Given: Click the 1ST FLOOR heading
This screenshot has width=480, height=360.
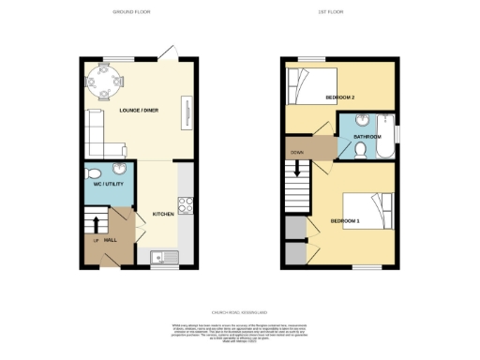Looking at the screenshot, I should click(341, 12).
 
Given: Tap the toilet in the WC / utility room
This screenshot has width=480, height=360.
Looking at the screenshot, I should click(119, 170).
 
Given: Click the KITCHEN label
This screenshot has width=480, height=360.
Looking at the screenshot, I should click(163, 214).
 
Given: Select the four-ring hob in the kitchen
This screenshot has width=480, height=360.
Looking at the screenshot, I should click(185, 205).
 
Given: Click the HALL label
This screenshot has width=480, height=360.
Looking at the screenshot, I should click(109, 240).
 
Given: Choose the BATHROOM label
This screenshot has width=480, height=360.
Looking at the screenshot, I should click(367, 138).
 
